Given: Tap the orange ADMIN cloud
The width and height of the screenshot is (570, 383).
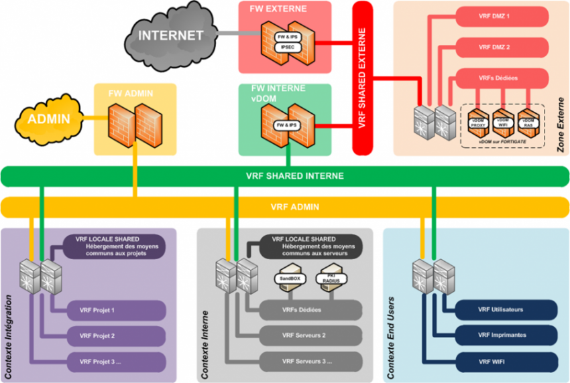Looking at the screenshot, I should click(49, 120).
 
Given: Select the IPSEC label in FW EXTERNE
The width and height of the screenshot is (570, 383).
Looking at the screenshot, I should click(286, 46).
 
